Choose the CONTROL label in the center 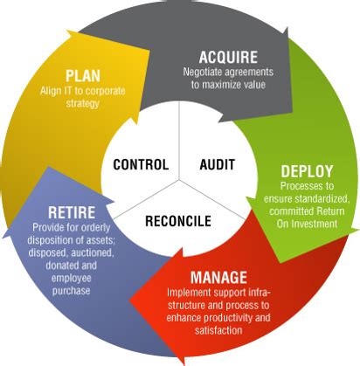pos(141,163)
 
